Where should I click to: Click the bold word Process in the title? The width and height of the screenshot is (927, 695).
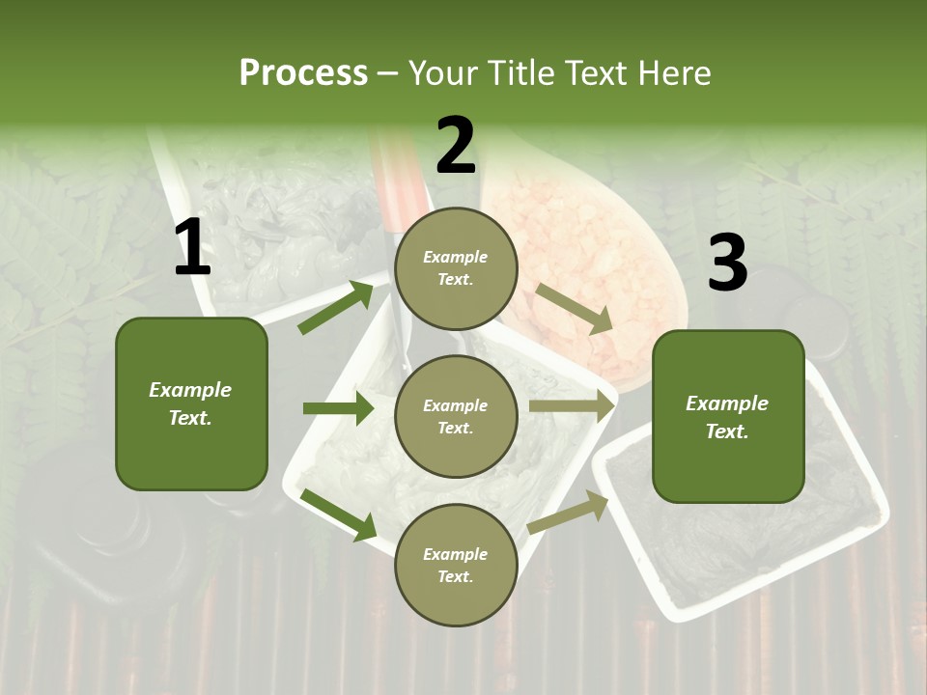coord(303,72)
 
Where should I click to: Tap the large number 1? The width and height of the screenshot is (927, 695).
coord(192,248)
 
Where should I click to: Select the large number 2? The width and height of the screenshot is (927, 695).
coord(456,146)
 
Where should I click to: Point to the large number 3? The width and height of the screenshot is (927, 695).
coord(727,263)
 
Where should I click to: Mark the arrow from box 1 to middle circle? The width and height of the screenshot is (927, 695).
coord(338,408)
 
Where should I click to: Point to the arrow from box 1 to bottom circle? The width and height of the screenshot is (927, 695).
coord(339,514)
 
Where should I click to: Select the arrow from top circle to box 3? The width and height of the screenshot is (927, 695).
coord(575,308)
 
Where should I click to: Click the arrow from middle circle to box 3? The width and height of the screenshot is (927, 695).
coord(572,406)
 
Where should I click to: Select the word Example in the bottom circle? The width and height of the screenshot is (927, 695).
coord(455,554)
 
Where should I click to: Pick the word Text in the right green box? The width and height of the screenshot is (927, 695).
coord(727,431)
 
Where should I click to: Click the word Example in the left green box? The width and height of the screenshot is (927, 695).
coord(190,390)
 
